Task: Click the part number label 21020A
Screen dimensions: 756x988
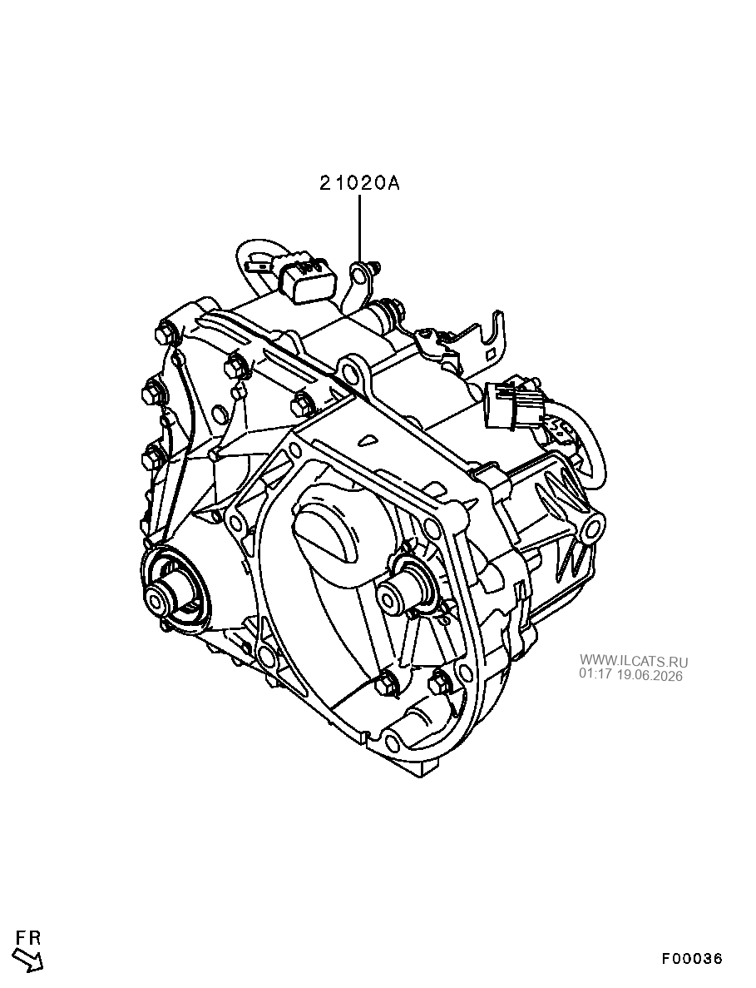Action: [x=359, y=183]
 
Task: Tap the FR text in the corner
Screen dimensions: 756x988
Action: [x=29, y=937]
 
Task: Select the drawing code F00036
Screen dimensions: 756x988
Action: [x=691, y=958]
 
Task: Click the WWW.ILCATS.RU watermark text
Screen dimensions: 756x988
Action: [x=633, y=661]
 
